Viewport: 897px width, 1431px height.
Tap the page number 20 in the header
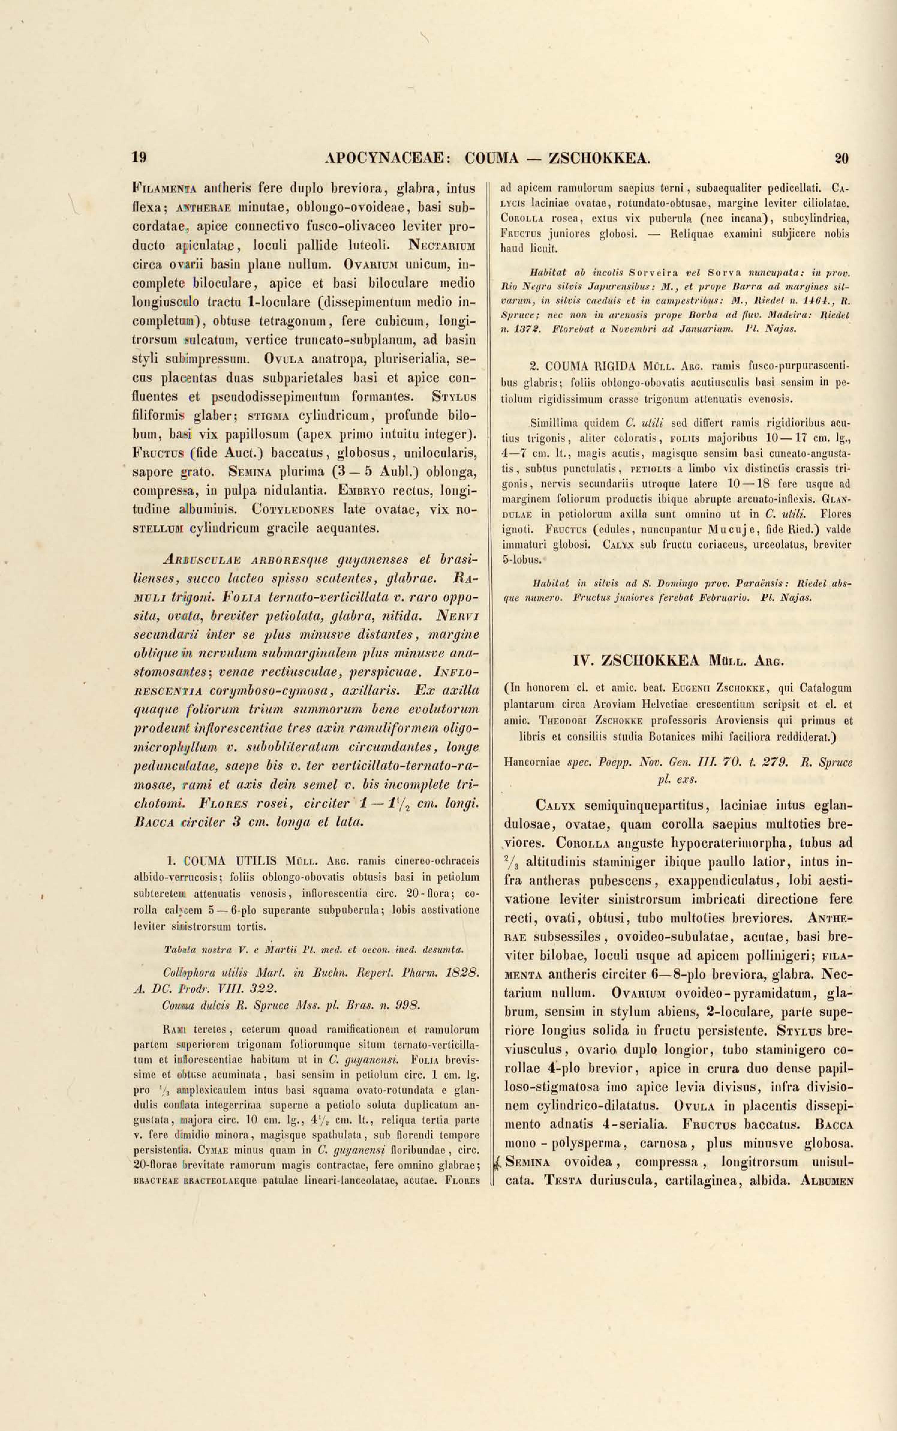click(842, 158)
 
